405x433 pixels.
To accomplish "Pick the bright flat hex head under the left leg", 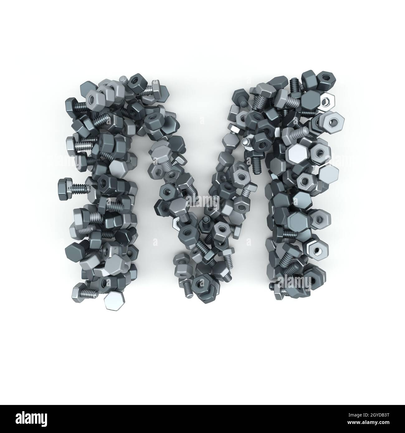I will tap(113, 301).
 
